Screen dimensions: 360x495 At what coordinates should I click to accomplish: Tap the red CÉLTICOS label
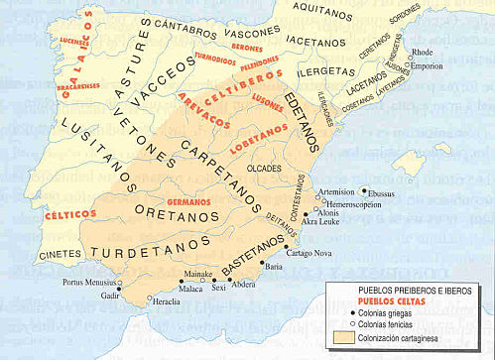click(x=70, y=214)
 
